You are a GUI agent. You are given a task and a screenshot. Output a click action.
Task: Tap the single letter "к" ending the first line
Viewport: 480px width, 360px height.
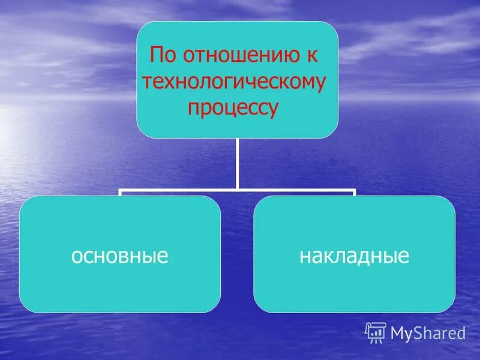(x=313, y=58)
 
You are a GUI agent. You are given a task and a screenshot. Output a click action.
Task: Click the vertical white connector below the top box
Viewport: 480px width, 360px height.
(x=237, y=162)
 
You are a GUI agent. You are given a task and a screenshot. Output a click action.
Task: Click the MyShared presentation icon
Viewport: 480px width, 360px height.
(x=376, y=332)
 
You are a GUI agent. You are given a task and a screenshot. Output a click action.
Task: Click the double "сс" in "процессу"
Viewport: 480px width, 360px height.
(x=259, y=109)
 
